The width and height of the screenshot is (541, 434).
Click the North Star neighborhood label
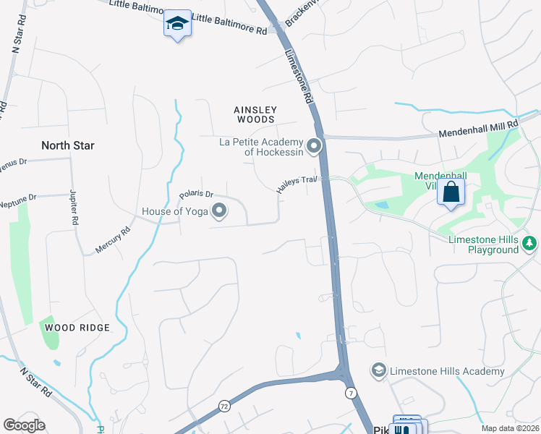(68, 145)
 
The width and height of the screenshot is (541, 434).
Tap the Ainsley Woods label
(255, 114)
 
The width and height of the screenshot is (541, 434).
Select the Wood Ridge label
(77, 328)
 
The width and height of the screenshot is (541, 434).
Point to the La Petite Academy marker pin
(313, 147)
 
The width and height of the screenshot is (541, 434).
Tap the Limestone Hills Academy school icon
(377, 371)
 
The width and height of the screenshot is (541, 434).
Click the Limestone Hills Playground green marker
(530, 242)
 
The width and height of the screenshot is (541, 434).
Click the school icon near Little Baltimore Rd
(176, 23)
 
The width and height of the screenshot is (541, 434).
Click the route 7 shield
(351, 392)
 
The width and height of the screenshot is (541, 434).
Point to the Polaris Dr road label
(197, 195)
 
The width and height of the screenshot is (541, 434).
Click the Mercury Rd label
(112, 242)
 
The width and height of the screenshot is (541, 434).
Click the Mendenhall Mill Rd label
(480, 129)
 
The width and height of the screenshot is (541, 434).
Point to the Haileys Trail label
(297, 184)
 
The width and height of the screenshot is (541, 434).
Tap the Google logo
(24, 425)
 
